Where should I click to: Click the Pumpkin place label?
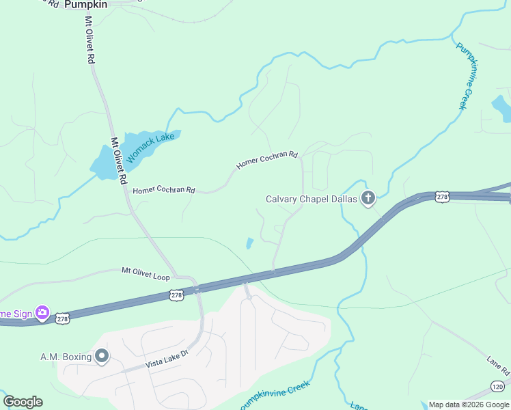point(86,4)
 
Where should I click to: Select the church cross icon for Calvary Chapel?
point(368,200)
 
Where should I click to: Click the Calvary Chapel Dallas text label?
point(311,200)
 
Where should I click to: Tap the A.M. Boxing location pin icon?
point(102,356)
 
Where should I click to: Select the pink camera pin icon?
point(42,312)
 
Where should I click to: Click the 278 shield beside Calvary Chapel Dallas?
point(443,197)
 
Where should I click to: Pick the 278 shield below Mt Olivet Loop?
point(176,295)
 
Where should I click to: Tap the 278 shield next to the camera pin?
point(63,319)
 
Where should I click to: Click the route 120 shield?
point(498,387)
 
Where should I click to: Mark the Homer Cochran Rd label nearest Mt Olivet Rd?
point(164,191)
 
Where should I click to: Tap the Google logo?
point(23,402)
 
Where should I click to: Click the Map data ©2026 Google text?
point(469,405)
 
